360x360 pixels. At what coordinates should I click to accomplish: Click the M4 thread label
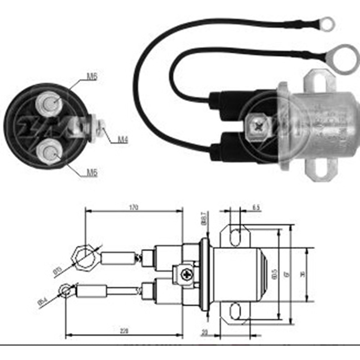click(x=123, y=140)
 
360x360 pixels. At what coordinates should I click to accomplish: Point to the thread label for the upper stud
click(x=92, y=76)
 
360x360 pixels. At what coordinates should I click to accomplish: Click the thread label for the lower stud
click(x=92, y=172)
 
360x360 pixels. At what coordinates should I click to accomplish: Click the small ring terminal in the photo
click(x=327, y=24)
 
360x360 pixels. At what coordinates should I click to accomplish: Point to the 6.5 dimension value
click(x=256, y=208)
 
